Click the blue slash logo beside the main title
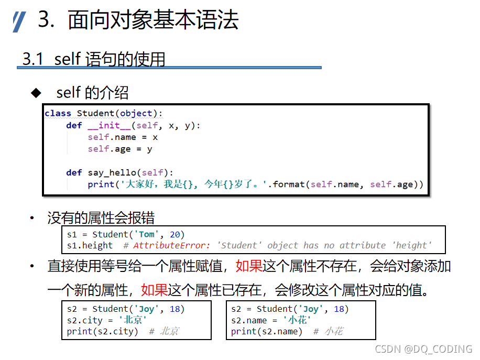click(19, 21)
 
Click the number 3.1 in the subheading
click(32, 59)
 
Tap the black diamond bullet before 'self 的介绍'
click(36, 93)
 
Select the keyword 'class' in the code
click(58, 113)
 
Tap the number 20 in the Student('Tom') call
click(174, 234)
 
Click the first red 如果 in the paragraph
click(249, 266)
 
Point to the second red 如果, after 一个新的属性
click(154, 289)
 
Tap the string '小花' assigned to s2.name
click(297, 320)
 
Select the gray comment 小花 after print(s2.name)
click(334, 331)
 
